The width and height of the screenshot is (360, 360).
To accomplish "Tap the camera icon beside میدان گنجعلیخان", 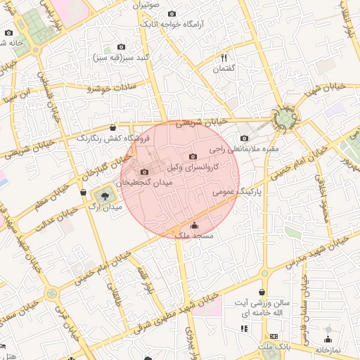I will click(145, 172).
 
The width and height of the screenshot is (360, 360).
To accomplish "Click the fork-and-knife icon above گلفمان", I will click(224, 58).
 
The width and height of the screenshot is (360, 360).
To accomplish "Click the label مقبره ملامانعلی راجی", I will click(245, 149).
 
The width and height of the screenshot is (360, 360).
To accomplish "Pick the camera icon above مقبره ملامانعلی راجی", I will click(244, 139).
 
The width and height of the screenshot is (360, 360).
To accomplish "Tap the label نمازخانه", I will click(327, 349).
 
